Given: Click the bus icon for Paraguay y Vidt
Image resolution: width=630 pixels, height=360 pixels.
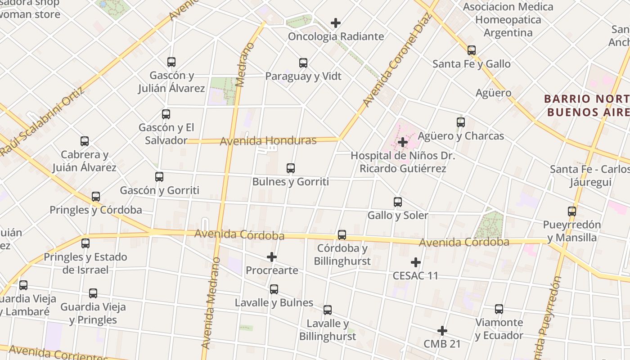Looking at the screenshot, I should (303, 63).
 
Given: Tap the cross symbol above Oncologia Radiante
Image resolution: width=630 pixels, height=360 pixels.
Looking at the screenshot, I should (336, 23).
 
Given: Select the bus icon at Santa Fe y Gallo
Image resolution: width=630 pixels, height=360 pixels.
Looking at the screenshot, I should (472, 50).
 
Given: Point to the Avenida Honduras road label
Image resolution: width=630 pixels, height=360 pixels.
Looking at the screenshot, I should (268, 141).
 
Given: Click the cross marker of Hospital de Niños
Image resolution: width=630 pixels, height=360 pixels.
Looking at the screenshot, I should (403, 143).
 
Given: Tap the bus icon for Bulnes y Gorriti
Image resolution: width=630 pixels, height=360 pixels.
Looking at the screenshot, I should (291, 169).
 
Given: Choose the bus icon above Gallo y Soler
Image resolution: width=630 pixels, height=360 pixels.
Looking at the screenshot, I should (398, 202).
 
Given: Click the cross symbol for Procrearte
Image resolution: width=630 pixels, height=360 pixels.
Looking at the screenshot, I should (272, 257).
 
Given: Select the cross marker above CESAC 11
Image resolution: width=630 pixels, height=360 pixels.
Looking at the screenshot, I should (416, 262).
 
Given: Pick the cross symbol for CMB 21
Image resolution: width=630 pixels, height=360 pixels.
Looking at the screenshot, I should (442, 331).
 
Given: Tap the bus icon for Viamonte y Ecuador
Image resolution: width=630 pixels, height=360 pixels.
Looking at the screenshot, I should (499, 309).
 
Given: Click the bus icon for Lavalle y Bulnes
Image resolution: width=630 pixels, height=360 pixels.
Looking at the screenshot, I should (274, 289).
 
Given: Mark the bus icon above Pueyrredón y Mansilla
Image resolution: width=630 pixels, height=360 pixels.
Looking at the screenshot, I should (572, 211).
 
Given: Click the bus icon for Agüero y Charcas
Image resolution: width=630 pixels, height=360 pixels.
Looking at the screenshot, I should (461, 122).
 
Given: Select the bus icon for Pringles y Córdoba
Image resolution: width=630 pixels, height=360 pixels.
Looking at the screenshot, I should (96, 197).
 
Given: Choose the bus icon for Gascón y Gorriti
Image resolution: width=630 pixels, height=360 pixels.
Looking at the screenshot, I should (159, 177).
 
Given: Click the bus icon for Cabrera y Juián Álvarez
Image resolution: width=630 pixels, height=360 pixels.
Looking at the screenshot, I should (85, 141).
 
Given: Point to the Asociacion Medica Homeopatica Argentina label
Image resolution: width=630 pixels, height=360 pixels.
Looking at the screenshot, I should (508, 20).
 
